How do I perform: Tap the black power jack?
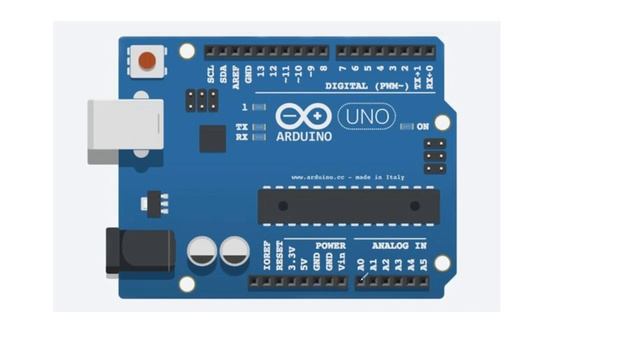click(139, 250)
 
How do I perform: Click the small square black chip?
click(212, 138)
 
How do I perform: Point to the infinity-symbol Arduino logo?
click(302, 116)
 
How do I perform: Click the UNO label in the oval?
click(366, 117)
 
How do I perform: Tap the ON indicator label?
click(422, 126)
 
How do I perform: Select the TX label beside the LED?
click(241, 127)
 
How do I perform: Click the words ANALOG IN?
click(399, 245)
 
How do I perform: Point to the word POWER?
click(330, 245)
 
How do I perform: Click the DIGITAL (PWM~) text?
click(366, 86)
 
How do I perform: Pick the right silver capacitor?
click(235, 251)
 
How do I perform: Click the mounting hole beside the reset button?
click(187, 50)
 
